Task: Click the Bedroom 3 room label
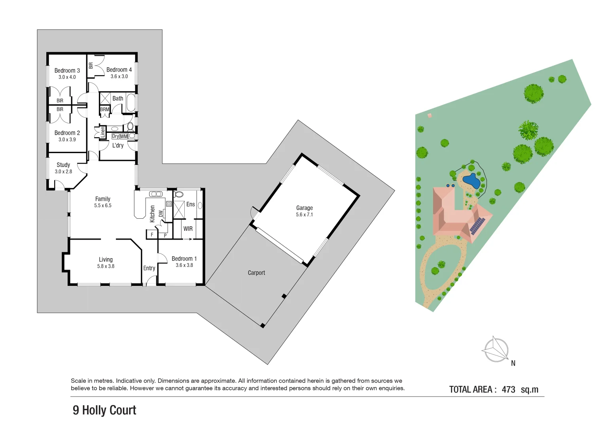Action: click(67, 70)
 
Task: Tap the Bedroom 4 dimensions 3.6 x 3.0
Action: click(119, 76)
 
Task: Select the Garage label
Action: click(304, 208)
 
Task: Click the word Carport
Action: click(256, 273)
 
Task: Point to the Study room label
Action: click(63, 165)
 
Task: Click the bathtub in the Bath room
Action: click(131, 103)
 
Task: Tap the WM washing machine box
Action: click(124, 136)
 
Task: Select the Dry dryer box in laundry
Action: click(115, 136)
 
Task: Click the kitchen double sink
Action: click(156, 194)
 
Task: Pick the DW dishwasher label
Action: click(161, 213)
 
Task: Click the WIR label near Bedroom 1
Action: click(188, 229)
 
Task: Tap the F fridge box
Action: click(152, 235)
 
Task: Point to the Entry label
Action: click(149, 268)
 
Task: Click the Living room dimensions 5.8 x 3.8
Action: click(106, 266)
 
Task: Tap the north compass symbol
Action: click(496, 350)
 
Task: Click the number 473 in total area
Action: click(508, 389)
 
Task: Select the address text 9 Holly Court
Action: click(104, 410)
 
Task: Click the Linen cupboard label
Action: click(103, 132)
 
